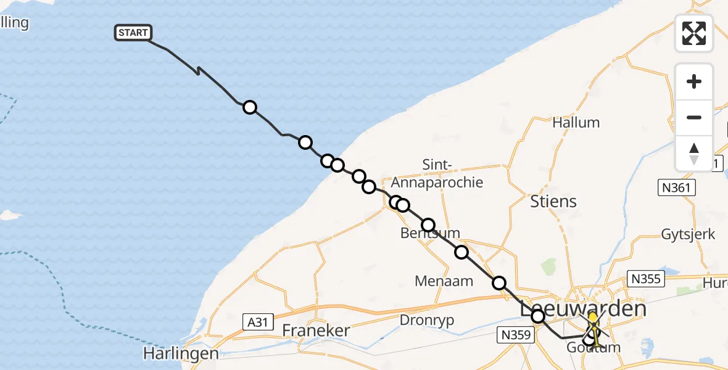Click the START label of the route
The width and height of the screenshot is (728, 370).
133,33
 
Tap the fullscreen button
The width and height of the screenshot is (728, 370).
694,33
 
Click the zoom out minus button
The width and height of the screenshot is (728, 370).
694,117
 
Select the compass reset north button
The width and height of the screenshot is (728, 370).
694,153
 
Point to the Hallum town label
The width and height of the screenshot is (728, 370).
576,122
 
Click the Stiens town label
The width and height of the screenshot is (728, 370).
553,201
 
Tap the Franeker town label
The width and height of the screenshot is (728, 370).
316,331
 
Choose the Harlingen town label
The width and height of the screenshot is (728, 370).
181,353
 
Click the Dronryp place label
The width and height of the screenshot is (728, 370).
426,320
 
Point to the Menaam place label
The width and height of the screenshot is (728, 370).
444,281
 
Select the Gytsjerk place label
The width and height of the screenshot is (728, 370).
688,234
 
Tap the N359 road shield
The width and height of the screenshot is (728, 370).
513,335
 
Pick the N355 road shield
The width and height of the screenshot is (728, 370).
645,279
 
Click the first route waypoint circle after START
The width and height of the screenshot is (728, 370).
249,107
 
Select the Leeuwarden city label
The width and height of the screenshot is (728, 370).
583,309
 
